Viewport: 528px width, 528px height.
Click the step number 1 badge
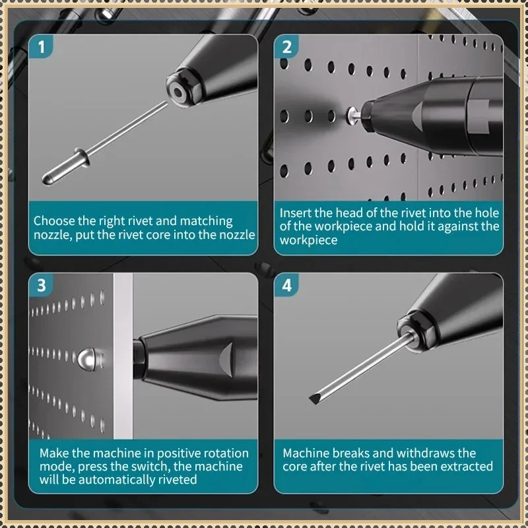click(41, 46)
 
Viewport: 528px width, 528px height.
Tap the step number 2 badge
click(286, 46)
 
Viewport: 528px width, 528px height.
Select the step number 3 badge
click(41, 285)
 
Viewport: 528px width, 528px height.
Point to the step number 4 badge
click(286, 285)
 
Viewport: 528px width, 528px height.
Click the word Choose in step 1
click(54, 221)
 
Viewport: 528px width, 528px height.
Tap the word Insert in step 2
click(295, 213)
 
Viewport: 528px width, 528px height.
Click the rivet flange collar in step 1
click(82, 156)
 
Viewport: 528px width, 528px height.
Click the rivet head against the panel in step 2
click(353, 115)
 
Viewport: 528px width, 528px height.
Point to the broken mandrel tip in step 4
click(315, 399)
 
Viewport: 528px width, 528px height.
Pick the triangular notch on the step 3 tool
click(226, 360)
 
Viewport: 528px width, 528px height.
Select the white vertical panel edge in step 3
click(123, 356)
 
